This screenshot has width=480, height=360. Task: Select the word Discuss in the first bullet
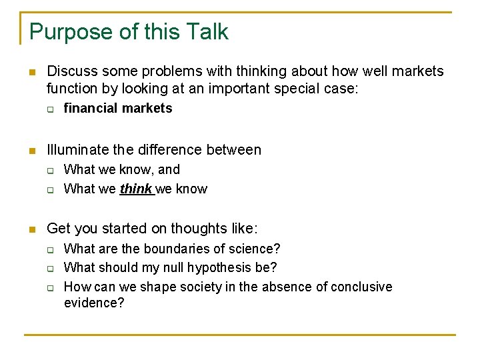coord(71,71)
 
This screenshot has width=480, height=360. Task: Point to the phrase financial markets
coord(118,108)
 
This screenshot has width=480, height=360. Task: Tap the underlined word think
coord(136,189)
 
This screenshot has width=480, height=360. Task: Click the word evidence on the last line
coord(94,303)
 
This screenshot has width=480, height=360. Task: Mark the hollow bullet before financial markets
coord(50,109)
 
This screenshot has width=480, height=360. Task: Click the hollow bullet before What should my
coord(50,268)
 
